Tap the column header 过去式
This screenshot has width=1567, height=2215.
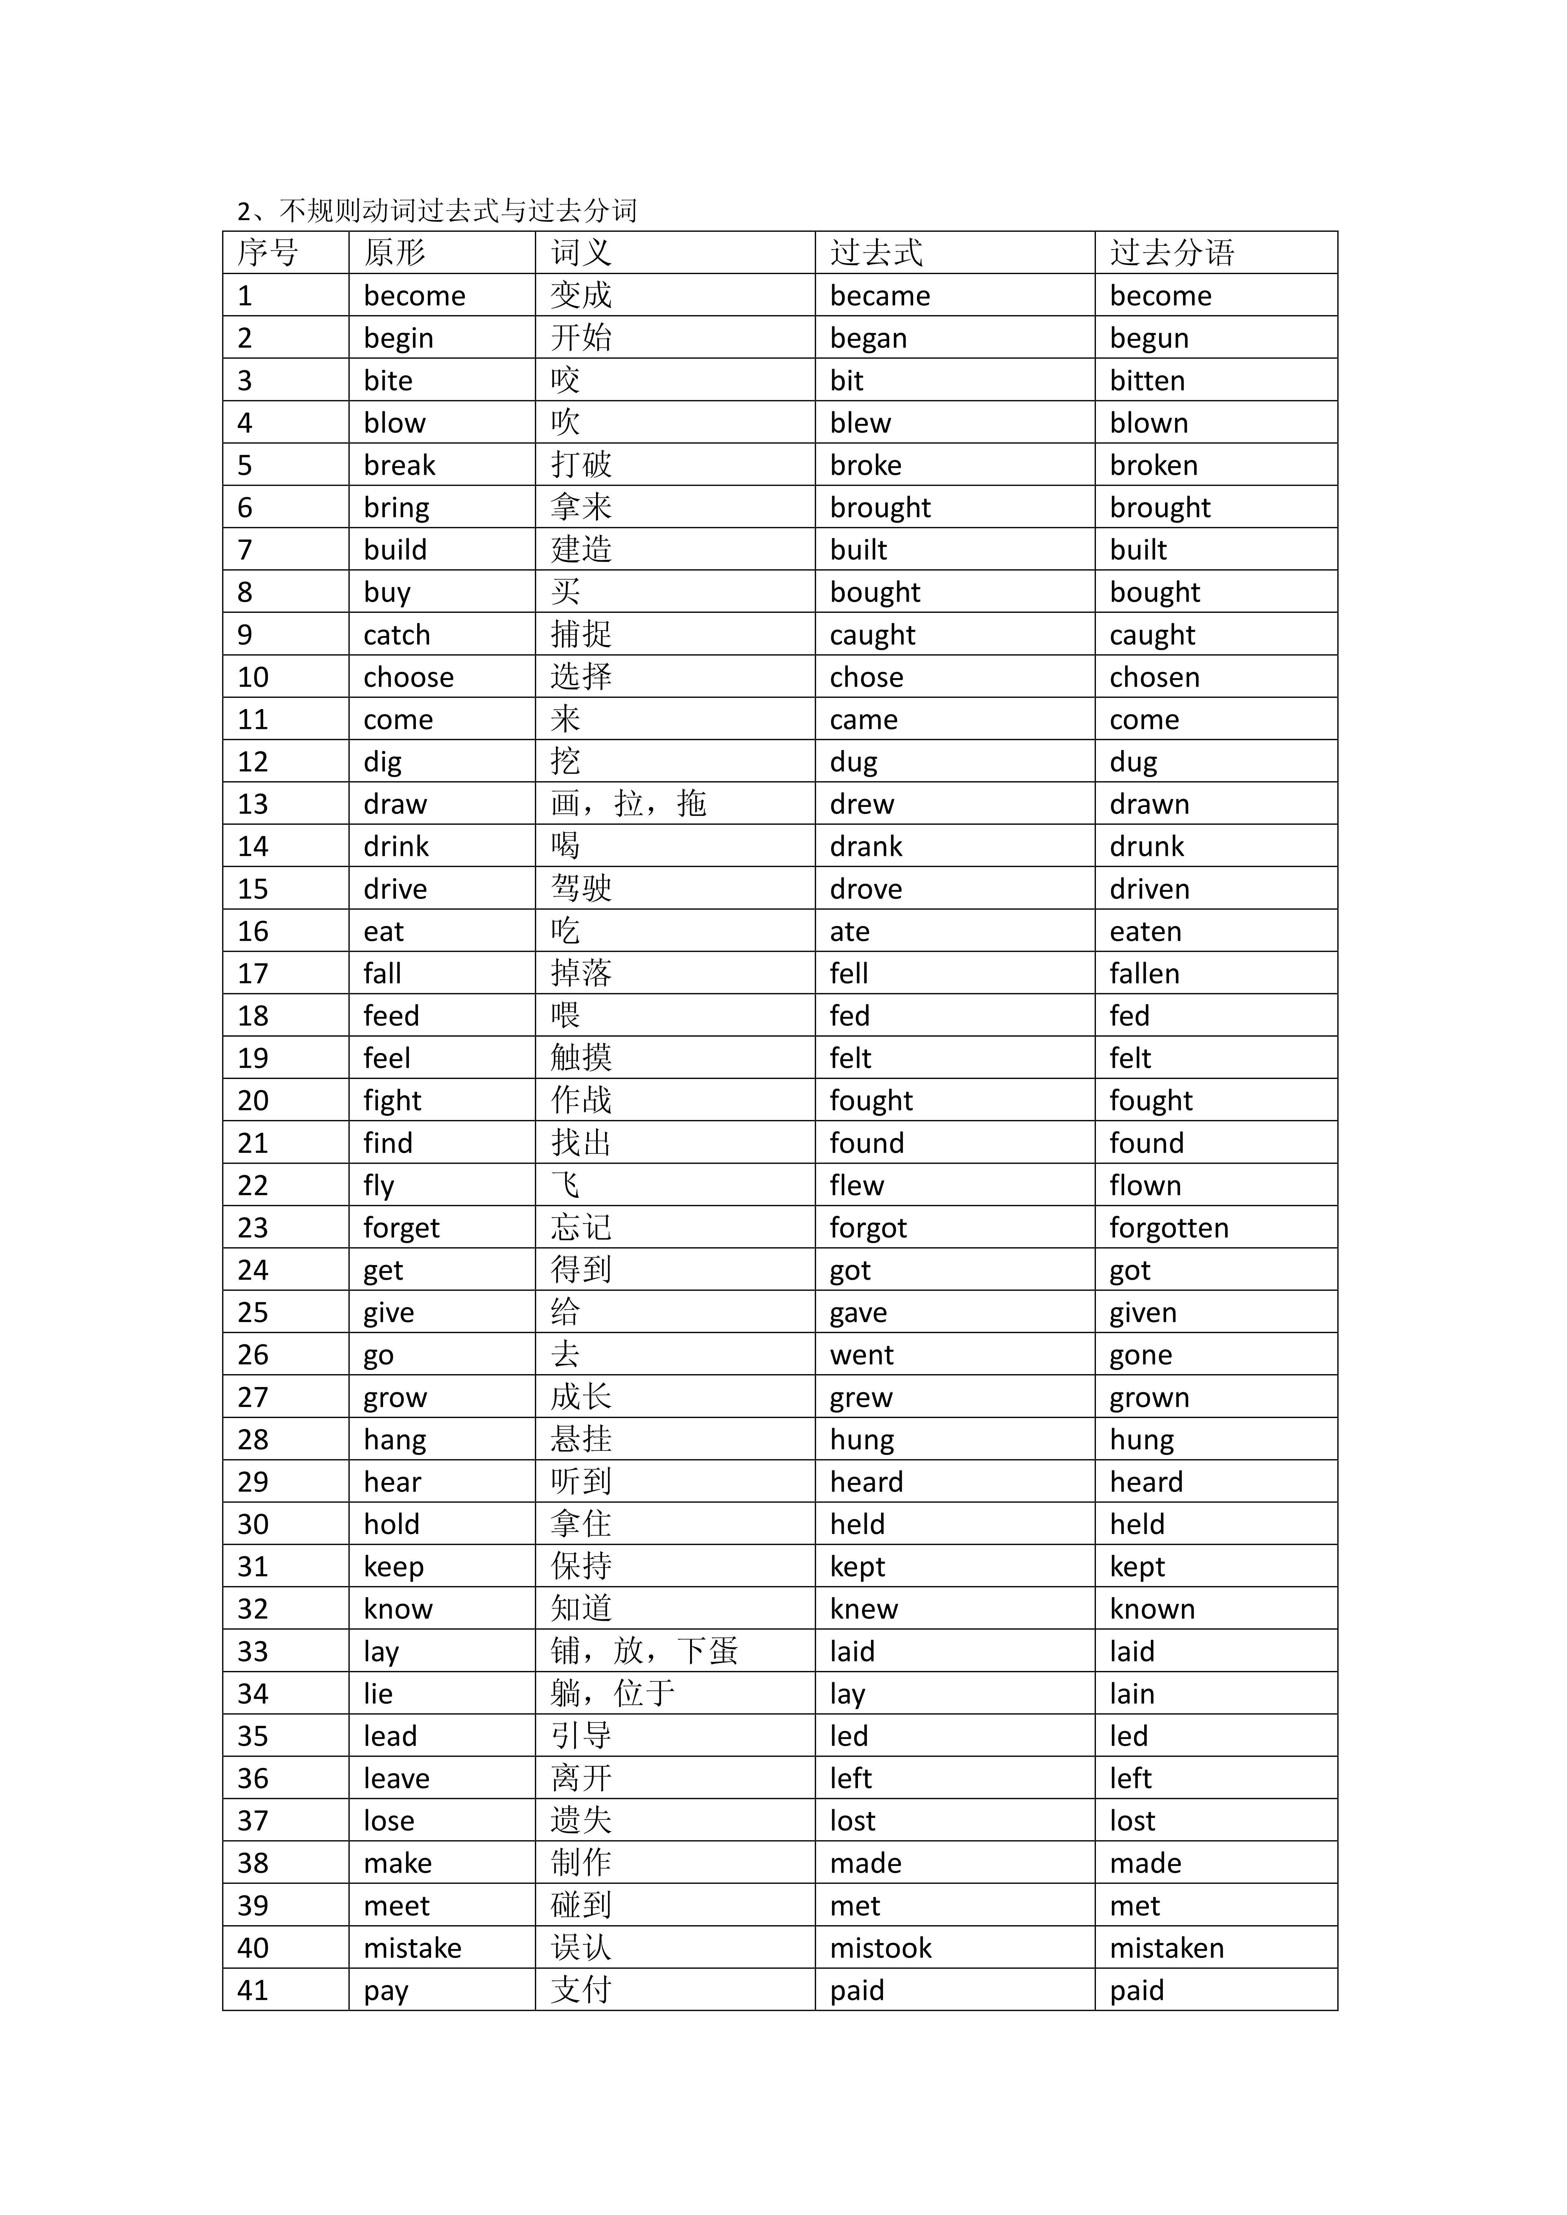pyautogui.click(x=876, y=253)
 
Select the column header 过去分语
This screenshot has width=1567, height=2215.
pyautogui.click(x=1171, y=253)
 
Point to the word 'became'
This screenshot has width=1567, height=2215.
pyautogui.click(x=880, y=296)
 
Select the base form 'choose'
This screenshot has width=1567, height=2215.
pyautogui.click(x=408, y=677)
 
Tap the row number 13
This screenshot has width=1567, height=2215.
pyautogui.click(x=253, y=805)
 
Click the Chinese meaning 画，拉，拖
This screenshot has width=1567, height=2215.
pyautogui.click(x=628, y=804)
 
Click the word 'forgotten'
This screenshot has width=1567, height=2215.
pyautogui.click(x=1168, y=1228)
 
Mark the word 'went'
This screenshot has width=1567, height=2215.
pyautogui.click(x=862, y=1356)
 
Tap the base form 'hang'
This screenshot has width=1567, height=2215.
pyautogui.click(x=395, y=1440)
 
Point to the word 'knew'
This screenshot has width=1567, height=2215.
pyautogui.click(x=864, y=1609)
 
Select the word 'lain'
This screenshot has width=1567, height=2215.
pyautogui.click(x=1132, y=1694)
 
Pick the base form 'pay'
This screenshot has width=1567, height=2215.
pyautogui.click(x=386, y=1991)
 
